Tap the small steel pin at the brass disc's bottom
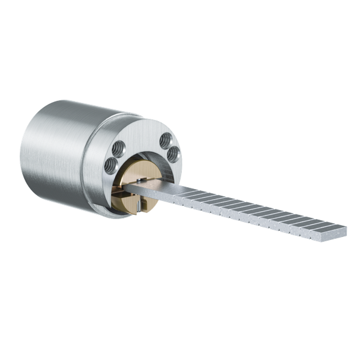point(138,206)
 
